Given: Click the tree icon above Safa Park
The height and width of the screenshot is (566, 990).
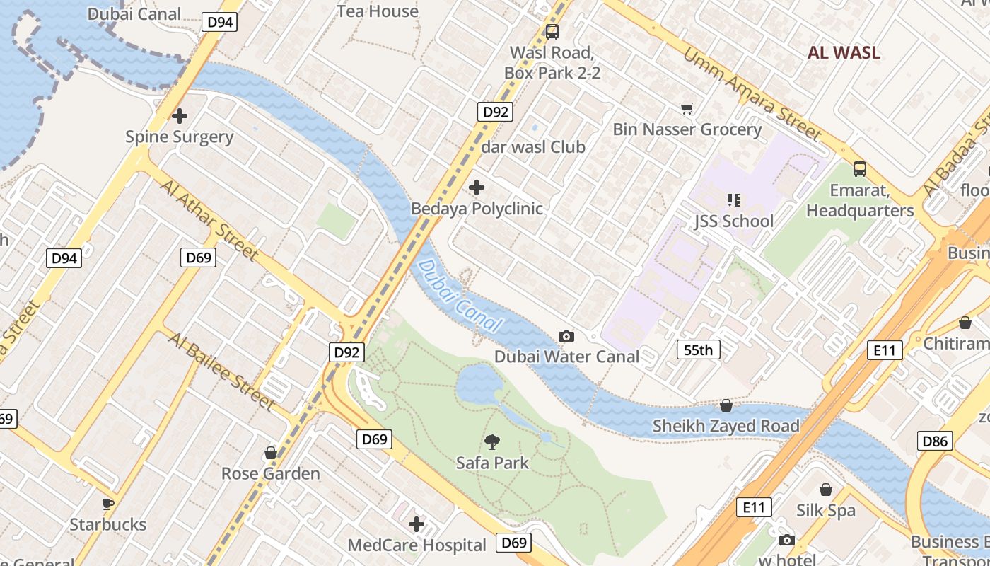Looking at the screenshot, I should click(x=492, y=443).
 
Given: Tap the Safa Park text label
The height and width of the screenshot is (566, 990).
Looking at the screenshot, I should click(x=492, y=463).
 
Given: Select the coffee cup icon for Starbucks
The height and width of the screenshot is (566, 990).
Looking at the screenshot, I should click(x=107, y=504).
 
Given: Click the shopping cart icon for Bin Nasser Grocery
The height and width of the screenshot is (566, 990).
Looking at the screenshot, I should click(x=687, y=108).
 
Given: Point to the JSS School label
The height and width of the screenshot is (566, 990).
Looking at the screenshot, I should click(x=733, y=221).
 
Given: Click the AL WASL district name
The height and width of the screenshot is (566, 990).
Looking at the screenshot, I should click(x=844, y=52).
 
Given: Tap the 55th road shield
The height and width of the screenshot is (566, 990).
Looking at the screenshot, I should click(x=698, y=349).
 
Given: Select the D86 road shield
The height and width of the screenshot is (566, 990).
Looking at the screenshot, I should click(x=935, y=441).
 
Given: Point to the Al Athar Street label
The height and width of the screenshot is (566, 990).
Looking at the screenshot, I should click(x=209, y=219).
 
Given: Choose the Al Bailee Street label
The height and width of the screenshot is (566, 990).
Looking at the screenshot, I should click(x=221, y=370).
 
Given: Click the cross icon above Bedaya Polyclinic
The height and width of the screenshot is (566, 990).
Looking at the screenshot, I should click(x=477, y=187).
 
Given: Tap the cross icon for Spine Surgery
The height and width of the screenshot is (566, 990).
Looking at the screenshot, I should click(x=180, y=115).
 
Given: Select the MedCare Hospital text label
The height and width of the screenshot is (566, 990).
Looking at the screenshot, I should click(x=417, y=545).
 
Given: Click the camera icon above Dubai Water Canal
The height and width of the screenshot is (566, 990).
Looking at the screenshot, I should click(x=566, y=336).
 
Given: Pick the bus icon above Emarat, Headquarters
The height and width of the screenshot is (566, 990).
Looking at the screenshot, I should click(x=860, y=169).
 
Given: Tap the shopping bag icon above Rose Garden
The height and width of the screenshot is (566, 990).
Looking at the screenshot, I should click(x=271, y=453).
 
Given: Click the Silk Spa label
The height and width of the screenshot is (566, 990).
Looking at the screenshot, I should click(x=825, y=510).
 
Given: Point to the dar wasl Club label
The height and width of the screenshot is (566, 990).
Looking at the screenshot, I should click(x=533, y=147).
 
